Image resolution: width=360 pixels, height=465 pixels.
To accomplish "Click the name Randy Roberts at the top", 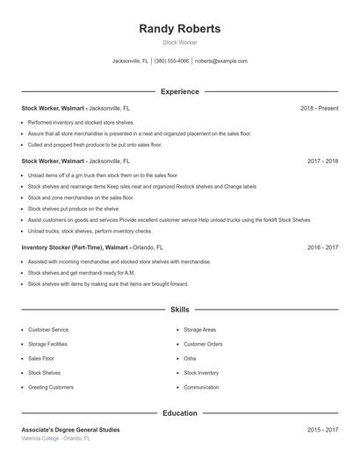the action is pyautogui.click(x=180, y=29).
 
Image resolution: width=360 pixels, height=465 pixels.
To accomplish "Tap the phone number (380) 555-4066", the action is pyautogui.click(x=172, y=61).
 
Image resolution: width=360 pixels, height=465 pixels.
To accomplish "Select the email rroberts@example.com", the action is pyautogui.click(x=220, y=61).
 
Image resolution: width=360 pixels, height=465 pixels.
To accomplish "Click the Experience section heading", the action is pyautogui.click(x=180, y=91).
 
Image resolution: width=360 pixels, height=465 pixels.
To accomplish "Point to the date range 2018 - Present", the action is pyautogui.click(x=319, y=108).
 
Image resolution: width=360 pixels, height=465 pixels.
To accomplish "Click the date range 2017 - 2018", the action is pyautogui.click(x=322, y=161).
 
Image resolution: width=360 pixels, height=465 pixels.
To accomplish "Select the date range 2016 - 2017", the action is pyautogui.click(x=322, y=247).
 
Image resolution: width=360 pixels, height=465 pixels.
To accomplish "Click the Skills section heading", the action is pyautogui.click(x=180, y=310).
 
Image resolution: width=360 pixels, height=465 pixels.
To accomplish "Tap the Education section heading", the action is pyautogui.click(x=180, y=412).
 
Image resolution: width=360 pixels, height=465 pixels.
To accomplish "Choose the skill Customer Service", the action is pyautogui.click(x=48, y=330).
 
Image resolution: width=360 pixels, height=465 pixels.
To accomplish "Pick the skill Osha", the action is pyautogui.click(x=190, y=358).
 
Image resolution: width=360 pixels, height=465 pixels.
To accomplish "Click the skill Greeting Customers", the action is pyautogui.click(x=51, y=387).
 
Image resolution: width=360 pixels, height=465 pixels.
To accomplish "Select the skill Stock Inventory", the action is pyautogui.click(x=201, y=373).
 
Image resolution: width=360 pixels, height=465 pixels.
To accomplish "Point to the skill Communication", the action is pyautogui.click(x=201, y=387).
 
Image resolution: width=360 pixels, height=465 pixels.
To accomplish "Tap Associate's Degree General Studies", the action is pyautogui.click(x=70, y=430).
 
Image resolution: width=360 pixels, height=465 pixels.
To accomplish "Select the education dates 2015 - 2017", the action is pyautogui.click(x=322, y=430).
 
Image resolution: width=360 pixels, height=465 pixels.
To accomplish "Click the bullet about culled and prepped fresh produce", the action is pyautogui.click(x=95, y=144).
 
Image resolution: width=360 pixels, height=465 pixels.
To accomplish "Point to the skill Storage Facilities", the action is pyautogui.click(x=47, y=344).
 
